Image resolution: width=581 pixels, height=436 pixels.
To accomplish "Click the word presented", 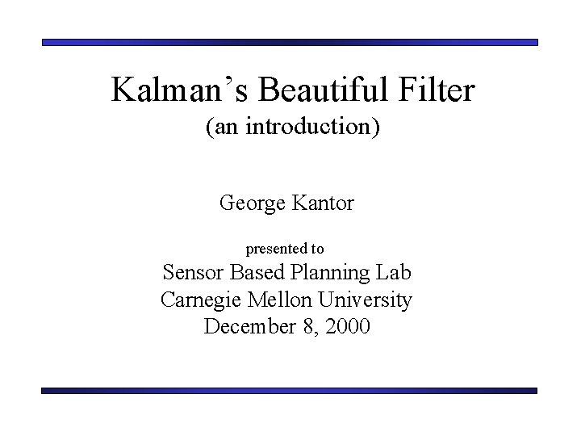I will click(x=275, y=249).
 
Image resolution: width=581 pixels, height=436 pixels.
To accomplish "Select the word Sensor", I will click(x=195, y=273).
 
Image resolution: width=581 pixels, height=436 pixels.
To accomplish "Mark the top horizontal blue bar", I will click(x=290, y=42).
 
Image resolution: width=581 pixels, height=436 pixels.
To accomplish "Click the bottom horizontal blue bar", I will click(x=290, y=390).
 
